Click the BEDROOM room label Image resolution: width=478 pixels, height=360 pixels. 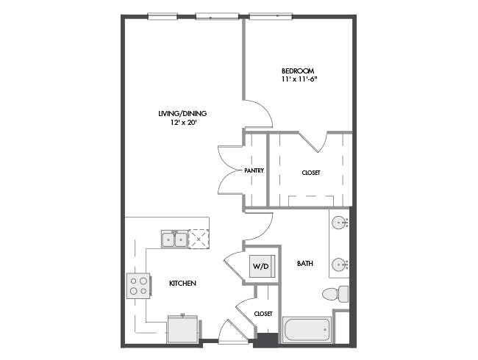(298, 71)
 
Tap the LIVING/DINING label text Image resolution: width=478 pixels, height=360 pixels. (182, 114)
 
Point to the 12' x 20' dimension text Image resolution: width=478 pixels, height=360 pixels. (183, 123)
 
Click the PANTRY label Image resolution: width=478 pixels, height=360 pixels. (254, 170)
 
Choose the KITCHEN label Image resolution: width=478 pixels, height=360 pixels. (182, 284)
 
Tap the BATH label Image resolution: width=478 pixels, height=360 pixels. (305, 264)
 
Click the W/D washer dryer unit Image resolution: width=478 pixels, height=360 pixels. (263, 266)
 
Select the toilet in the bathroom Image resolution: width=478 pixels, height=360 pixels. (335, 294)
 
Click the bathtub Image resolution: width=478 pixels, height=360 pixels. (307, 330)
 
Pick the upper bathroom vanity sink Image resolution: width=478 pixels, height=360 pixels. (339, 223)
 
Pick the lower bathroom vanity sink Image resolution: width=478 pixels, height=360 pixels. (339, 264)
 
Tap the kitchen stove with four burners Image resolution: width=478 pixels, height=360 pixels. (139, 286)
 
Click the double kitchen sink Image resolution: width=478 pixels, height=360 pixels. (174, 239)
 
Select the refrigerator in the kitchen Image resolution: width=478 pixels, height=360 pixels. (182, 330)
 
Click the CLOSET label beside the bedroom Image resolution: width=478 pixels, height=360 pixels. (311, 173)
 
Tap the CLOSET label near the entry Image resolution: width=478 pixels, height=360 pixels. (263, 314)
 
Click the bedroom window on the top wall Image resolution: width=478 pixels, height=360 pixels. (271, 16)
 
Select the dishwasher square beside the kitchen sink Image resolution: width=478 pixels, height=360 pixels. (199, 239)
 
